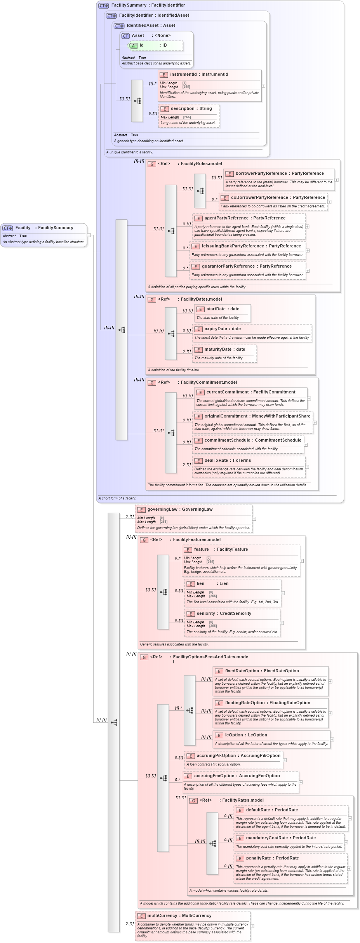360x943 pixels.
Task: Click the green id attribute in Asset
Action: click(156, 45)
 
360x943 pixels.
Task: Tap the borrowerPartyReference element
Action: click(279, 174)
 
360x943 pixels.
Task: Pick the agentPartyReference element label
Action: click(245, 218)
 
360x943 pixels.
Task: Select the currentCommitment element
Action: click(250, 392)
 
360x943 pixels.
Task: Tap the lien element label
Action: click(200, 584)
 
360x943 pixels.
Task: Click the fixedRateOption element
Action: click(262, 671)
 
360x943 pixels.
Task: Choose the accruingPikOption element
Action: click(238, 756)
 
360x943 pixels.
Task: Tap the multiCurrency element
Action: click(179, 916)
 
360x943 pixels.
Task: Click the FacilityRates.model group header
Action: click(243, 800)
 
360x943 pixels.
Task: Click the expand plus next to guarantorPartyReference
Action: click(308, 271)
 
